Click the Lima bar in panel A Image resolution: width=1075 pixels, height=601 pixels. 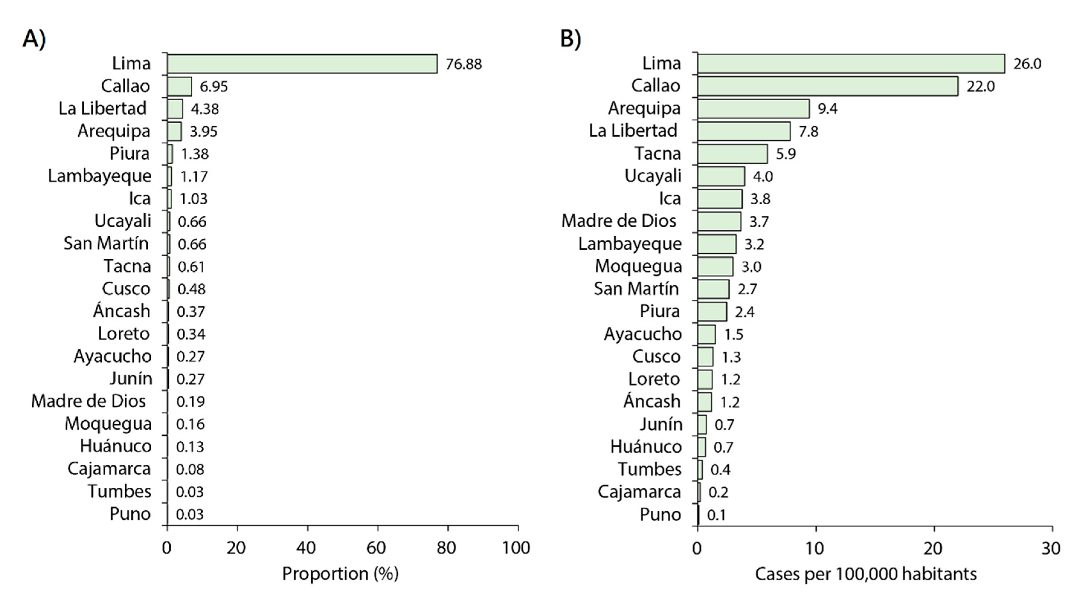coord(302,64)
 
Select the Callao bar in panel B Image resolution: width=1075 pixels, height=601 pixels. coord(827,86)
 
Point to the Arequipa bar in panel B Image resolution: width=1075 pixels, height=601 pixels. coord(753,108)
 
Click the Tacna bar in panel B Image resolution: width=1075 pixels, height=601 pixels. coord(732,154)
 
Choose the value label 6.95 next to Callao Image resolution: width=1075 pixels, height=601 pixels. coord(214,86)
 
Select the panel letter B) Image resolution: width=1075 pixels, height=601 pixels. coord(570,39)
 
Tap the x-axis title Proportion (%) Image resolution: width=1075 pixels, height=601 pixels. coord(340,574)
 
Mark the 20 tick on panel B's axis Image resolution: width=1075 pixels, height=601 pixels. coord(933,548)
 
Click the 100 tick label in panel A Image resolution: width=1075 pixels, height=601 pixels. coord(516,548)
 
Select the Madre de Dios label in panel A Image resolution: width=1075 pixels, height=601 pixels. coord(88,401)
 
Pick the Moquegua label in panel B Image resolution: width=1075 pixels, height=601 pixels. coord(638,266)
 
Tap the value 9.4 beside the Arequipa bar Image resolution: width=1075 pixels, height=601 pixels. coord(827,108)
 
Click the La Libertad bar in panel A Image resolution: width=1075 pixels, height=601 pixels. coord(175,108)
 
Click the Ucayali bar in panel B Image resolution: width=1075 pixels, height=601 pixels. coord(721,176)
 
